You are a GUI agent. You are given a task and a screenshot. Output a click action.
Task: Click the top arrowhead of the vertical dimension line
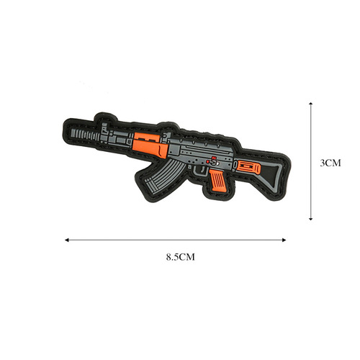click(x=310, y=102)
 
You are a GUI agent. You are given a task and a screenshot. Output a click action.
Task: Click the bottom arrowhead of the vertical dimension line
click(x=310, y=219)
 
